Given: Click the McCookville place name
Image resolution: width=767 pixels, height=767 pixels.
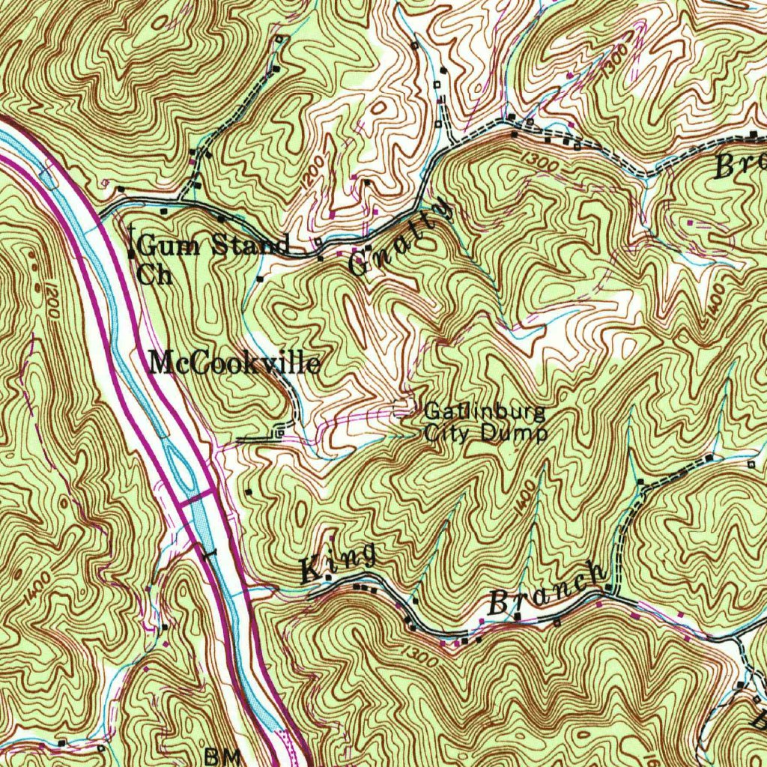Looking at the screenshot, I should [x=235, y=364].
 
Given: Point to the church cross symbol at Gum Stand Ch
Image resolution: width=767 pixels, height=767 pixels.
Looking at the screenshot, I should [x=132, y=241].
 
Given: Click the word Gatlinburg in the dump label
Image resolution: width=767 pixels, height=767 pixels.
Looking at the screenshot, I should [x=485, y=411].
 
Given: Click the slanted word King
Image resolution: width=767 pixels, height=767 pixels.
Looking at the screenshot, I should [x=338, y=562].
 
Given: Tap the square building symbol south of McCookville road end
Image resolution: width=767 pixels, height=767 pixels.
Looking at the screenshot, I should [x=249, y=492].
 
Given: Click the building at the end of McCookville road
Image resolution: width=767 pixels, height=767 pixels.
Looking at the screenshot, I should [x=279, y=433].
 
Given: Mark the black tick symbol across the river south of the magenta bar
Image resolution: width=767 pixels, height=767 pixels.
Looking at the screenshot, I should [x=209, y=552].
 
